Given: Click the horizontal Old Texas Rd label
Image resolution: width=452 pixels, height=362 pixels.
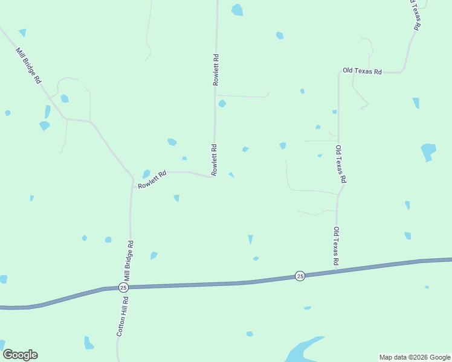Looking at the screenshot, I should [x=363, y=71].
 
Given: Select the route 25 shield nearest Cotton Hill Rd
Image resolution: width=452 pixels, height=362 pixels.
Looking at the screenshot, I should [x=123, y=288].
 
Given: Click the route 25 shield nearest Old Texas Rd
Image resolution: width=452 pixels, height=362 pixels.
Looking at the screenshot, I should [x=300, y=276].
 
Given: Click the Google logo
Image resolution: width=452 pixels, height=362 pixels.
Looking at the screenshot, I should [x=20, y=355].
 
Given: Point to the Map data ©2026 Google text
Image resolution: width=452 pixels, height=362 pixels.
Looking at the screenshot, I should [x=415, y=357].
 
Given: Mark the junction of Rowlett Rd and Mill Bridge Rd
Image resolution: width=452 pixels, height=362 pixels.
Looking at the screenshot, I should [x=132, y=179].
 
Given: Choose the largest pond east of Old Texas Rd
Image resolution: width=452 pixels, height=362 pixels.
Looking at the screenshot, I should [x=428, y=151].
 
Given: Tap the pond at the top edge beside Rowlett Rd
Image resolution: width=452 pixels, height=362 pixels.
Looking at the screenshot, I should [x=237, y=10].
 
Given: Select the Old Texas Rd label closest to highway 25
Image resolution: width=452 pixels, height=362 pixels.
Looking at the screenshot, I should [x=335, y=246].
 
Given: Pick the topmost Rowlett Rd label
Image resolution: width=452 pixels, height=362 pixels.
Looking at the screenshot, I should [x=215, y=70].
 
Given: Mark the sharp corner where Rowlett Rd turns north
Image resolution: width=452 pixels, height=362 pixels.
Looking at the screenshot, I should [x=213, y=176].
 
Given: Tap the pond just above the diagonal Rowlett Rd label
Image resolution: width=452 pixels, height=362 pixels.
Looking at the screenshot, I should [x=146, y=174].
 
